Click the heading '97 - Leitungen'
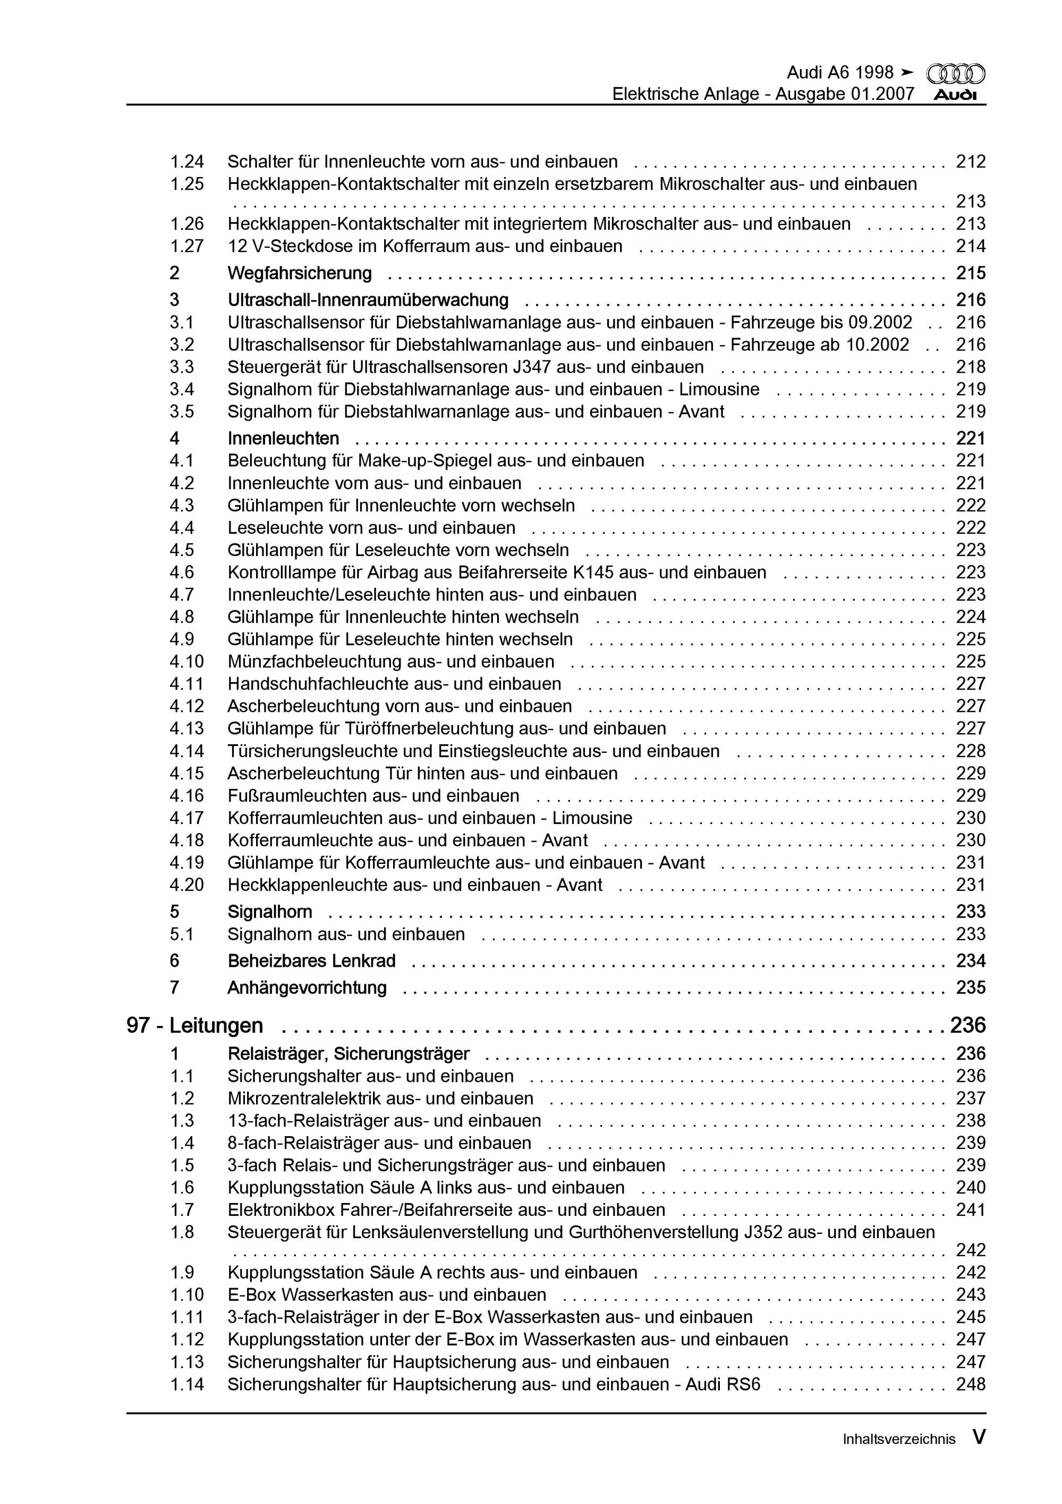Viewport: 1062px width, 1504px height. pyautogui.click(x=194, y=1025)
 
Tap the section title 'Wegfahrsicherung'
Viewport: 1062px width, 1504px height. pyautogui.click(x=299, y=273)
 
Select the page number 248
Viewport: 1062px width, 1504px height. pyautogui.click(x=970, y=1384)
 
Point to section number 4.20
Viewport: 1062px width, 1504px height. pyautogui.click(x=186, y=885)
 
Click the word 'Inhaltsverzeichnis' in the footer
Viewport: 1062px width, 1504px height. pyautogui.click(x=899, y=1439)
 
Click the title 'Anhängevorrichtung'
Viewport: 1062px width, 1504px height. pyautogui.click(x=307, y=988)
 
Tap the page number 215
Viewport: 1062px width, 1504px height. pyautogui.click(x=970, y=273)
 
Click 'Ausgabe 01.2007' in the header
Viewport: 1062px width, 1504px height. pyautogui.click(x=845, y=94)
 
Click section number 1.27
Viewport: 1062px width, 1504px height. pyautogui.click(x=186, y=246)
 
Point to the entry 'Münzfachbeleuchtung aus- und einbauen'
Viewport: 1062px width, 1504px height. pyautogui.click(x=390, y=661)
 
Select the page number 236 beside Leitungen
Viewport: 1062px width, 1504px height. pyautogui.click(x=968, y=1025)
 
